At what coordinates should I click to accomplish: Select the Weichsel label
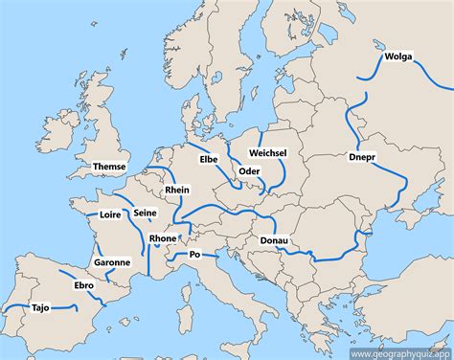267,153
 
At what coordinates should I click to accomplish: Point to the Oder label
249,171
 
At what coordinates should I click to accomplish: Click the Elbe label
208,159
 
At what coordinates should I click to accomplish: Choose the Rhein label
177,191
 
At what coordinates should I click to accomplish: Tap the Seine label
146,213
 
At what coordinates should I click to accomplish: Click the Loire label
110,215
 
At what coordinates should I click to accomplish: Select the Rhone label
163,238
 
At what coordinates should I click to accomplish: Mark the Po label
194,255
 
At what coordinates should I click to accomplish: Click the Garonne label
112,261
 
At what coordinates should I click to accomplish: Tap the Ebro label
84,285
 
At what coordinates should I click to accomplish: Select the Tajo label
40,308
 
